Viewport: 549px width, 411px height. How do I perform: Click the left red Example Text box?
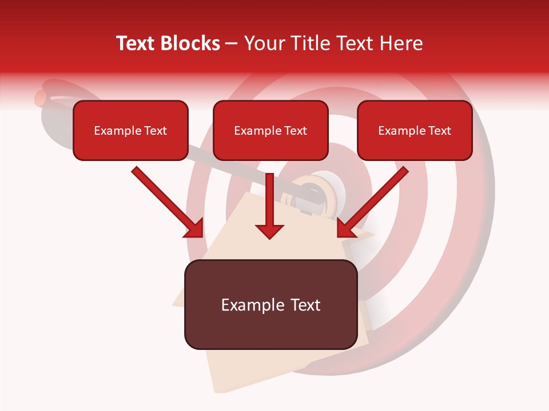130,131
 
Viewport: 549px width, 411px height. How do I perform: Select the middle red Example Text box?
270,131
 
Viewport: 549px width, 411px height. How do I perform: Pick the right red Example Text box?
415,131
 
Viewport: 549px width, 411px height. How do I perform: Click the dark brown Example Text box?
270,305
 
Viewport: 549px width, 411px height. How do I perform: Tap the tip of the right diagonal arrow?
339,235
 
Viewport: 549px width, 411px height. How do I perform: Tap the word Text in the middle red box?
295,131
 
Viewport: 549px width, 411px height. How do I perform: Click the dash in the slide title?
232,44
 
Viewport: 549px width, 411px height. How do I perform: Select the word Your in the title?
261,43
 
